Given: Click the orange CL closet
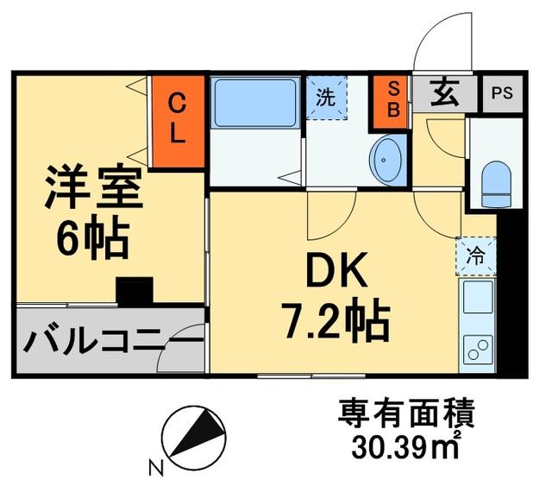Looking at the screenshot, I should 177,122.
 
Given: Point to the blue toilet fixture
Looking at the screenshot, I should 495,183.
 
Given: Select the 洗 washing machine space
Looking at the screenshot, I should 325,98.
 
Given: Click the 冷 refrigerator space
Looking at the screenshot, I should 475,256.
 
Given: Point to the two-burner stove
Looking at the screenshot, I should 477,351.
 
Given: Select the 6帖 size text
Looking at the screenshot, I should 92,239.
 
